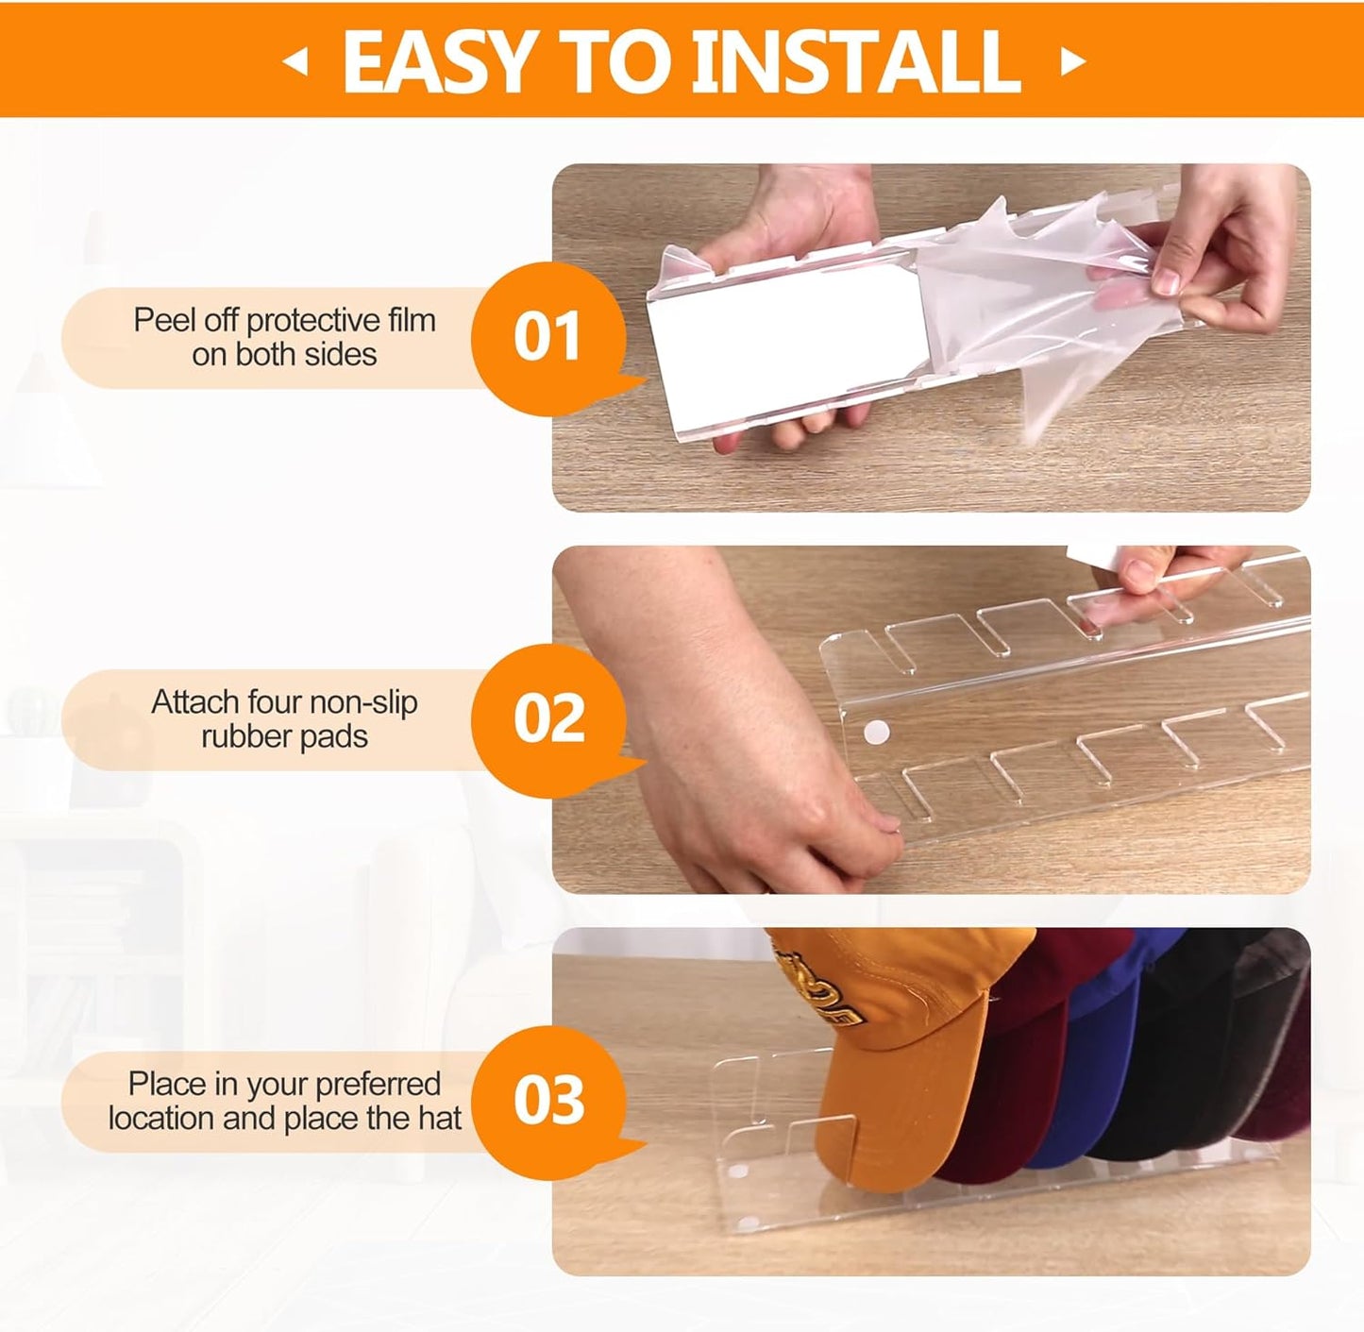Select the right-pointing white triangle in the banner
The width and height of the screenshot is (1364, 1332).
click(1073, 61)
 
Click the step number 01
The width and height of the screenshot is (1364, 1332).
click(547, 337)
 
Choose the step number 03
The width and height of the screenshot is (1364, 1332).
click(548, 1100)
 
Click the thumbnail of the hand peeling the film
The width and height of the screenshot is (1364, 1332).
click(931, 337)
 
